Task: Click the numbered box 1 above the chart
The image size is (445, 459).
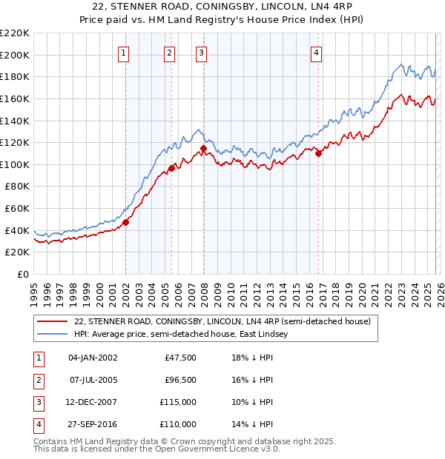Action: (x=123, y=53)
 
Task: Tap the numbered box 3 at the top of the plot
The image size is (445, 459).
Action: (x=201, y=53)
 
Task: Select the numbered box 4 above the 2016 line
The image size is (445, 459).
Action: (x=316, y=53)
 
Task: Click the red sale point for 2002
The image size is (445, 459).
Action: (x=125, y=221)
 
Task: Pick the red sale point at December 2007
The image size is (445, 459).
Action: (x=203, y=148)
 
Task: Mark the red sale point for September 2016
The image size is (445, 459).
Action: (x=318, y=153)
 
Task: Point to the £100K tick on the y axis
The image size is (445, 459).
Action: (x=14, y=164)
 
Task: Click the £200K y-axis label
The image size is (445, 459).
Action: (x=14, y=55)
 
